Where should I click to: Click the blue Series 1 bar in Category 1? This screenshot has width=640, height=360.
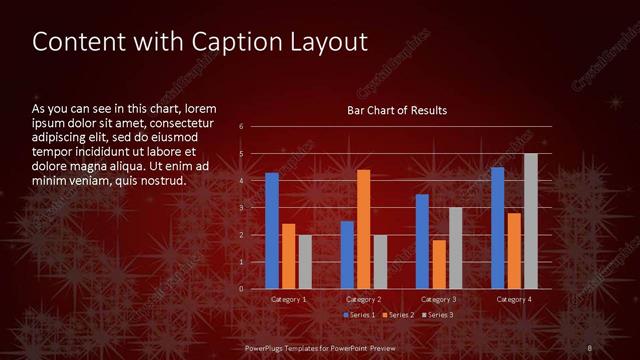point(272,231)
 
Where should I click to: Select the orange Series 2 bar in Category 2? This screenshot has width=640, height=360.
point(363,229)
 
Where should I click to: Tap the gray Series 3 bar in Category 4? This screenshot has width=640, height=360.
point(530,221)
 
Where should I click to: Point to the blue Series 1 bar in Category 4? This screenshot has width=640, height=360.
point(497,228)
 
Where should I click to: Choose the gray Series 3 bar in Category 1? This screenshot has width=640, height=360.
point(305,262)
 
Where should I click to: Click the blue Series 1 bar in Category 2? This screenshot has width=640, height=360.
point(347,255)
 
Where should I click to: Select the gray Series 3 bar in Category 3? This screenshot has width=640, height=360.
point(455,248)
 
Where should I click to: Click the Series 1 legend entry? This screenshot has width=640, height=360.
point(359,315)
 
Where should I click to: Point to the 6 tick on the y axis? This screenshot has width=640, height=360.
point(242,127)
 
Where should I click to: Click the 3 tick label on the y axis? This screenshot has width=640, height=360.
point(242,208)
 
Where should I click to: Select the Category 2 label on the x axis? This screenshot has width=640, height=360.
point(363,299)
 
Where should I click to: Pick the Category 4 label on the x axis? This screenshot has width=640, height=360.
point(513,299)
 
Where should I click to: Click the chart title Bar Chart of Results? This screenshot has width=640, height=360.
point(397,110)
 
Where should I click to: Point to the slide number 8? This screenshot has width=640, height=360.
point(588,347)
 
